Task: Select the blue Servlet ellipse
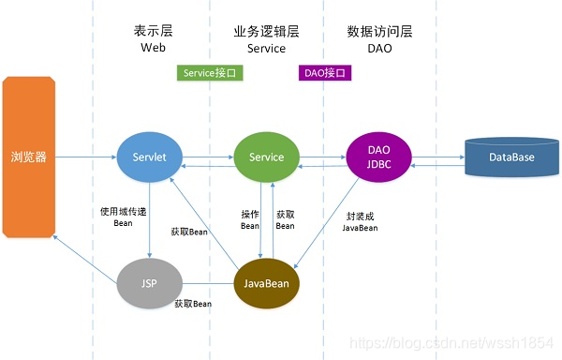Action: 149,157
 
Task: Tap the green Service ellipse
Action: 266,157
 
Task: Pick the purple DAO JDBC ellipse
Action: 379,157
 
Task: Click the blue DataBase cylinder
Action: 511,157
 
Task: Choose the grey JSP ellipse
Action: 149,282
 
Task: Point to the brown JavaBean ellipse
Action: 266,282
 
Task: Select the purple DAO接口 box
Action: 325,72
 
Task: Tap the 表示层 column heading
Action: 153,31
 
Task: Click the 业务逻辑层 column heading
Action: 266,31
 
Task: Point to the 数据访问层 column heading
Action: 379,31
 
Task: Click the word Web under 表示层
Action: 153,48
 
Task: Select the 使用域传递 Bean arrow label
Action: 123,217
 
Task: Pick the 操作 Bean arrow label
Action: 249,219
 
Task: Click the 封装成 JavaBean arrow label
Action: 360,221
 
